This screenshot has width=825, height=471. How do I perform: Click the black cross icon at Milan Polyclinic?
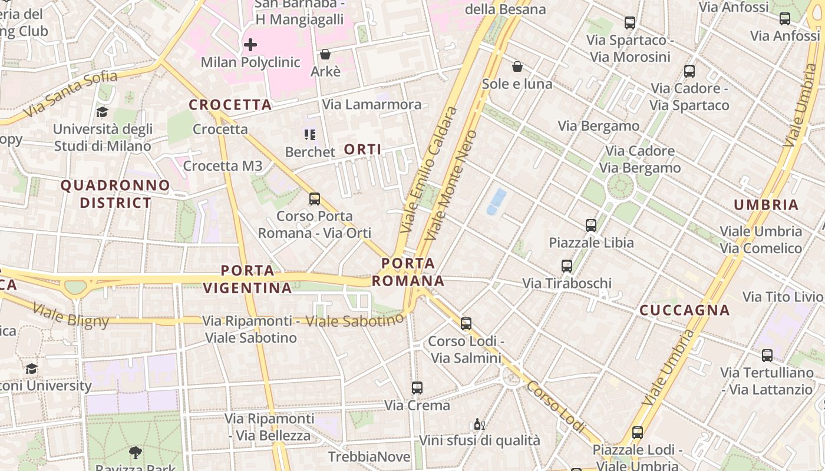point(250,44)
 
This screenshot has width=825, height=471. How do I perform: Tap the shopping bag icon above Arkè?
point(325,55)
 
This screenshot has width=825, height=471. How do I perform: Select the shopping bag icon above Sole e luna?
point(517,67)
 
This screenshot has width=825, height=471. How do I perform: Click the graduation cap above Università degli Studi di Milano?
point(103,112)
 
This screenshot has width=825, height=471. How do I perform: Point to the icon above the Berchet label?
point(310,135)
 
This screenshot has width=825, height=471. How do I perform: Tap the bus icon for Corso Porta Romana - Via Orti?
point(315,199)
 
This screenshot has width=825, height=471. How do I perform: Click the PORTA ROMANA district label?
point(408,272)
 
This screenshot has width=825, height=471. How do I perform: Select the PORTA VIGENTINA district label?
point(247,279)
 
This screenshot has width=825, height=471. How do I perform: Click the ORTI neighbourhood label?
point(362,150)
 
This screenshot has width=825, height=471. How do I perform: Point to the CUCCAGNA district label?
point(685,310)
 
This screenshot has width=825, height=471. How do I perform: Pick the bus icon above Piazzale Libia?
point(591,225)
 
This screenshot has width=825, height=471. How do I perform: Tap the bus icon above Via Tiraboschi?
point(567,266)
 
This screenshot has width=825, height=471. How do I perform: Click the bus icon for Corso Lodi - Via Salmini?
point(466,324)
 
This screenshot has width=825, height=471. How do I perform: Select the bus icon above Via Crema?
point(417,388)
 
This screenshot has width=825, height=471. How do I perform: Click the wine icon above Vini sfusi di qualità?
point(479,424)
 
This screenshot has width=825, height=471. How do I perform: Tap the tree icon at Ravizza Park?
point(136,453)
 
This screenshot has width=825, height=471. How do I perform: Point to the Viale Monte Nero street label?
point(451,185)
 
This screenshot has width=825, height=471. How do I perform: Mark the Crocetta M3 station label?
point(222,166)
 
